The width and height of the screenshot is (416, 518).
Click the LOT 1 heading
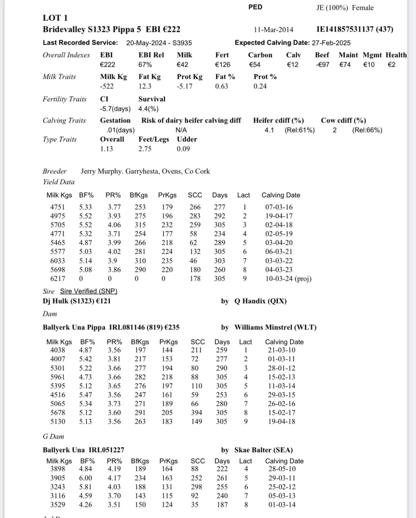[x=55, y=18]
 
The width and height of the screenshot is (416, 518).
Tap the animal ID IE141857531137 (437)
[x=355, y=29]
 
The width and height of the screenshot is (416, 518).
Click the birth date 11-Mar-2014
[x=274, y=29]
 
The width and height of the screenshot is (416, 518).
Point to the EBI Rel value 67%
[x=145, y=65]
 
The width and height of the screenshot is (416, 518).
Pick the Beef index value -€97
[x=322, y=65]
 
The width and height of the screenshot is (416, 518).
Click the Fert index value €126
[x=223, y=65]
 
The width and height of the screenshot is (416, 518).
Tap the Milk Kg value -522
[x=107, y=86]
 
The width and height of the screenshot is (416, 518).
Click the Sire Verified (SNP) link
[x=88, y=291]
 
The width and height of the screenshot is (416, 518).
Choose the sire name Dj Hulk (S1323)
[x=69, y=301]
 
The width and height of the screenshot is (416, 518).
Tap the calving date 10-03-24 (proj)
[x=288, y=279]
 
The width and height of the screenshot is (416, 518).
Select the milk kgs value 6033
[x=59, y=261]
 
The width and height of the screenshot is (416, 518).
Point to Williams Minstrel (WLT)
[x=275, y=327]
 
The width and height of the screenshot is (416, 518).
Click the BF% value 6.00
[x=85, y=478]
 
